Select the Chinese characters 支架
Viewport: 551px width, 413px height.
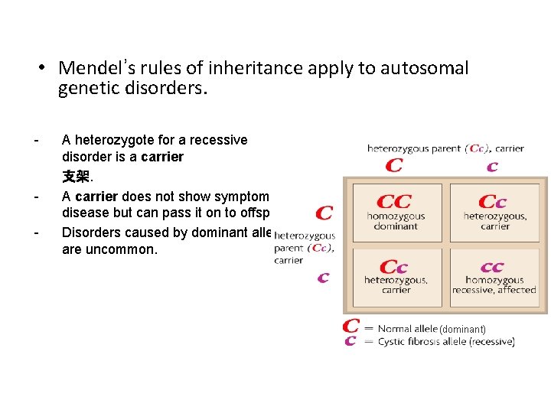(76, 177)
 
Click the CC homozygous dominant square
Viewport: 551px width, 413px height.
(395, 212)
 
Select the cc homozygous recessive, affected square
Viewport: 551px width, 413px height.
(494, 277)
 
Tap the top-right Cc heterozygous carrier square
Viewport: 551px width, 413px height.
(494, 212)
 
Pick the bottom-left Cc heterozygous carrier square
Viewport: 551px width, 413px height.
(395, 277)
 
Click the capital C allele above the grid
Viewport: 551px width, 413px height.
(394, 165)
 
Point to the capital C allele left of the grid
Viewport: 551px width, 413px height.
(324, 213)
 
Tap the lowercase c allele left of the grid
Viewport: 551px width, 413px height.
(323, 278)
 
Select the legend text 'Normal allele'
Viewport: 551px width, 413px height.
(408, 328)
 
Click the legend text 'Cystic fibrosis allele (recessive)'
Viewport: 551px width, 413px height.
(446, 342)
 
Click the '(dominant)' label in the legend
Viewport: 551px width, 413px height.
(462, 329)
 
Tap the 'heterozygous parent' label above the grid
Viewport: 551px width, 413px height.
(414, 148)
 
